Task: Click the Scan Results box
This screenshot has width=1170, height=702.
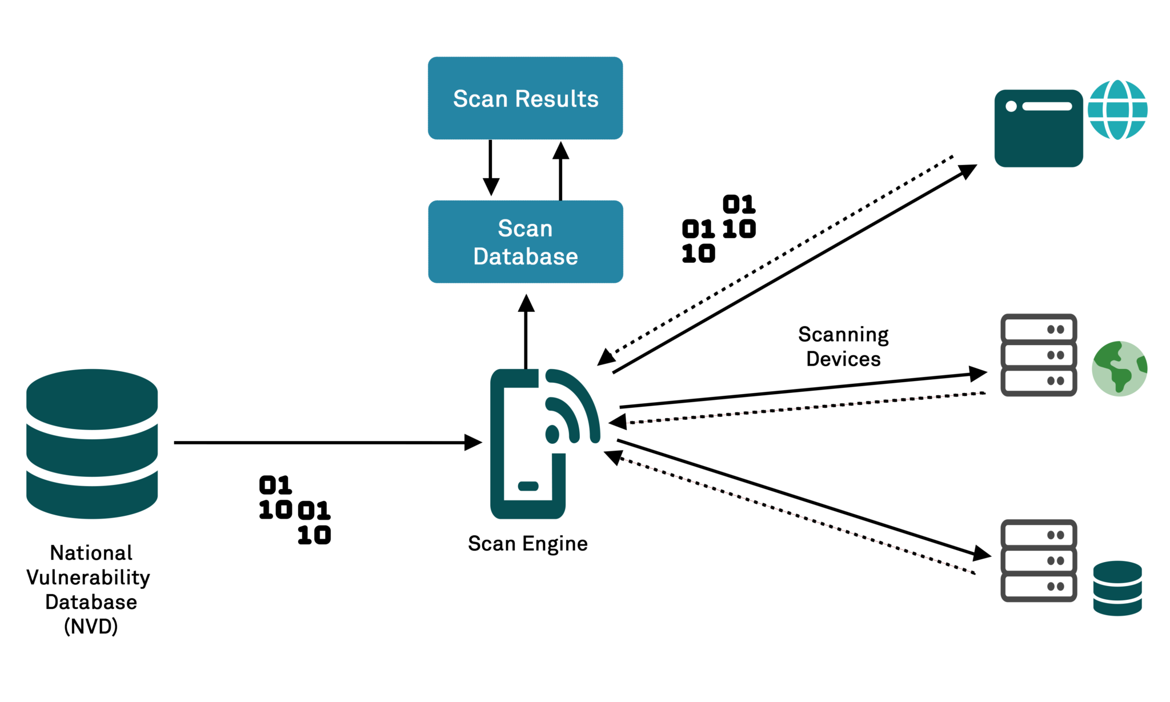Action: point(525,98)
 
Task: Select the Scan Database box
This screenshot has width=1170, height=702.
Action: point(525,242)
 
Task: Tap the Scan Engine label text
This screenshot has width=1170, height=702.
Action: point(527,543)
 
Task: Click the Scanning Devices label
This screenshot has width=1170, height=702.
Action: point(843,346)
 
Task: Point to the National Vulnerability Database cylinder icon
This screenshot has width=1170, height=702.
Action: point(92,443)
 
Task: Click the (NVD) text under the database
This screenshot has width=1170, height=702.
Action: point(91,627)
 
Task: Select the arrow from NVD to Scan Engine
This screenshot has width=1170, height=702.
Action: point(326,442)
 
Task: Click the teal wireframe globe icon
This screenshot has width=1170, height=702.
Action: point(1117,110)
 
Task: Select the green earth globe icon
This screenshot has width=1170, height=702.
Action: point(1119,369)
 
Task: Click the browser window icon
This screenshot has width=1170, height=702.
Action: point(1039,128)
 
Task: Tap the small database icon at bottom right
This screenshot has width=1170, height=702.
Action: point(1117,588)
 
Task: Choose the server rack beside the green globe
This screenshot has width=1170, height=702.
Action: point(1039,355)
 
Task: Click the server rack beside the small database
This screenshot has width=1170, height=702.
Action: point(1039,560)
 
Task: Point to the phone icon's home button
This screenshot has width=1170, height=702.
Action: point(528,486)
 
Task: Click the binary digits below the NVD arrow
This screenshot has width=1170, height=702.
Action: point(295,510)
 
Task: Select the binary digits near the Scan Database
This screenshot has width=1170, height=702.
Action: point(719,229)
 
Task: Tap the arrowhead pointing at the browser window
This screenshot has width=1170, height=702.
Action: point(968,170)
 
